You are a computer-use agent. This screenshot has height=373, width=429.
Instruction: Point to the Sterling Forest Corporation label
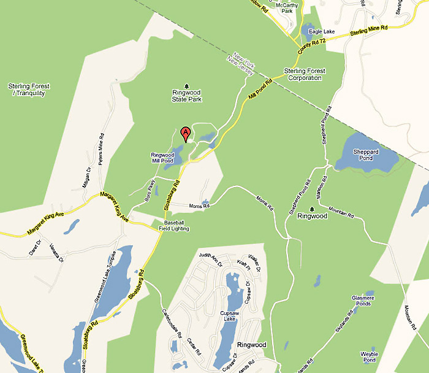305,74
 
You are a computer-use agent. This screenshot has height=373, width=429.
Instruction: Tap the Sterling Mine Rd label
370,31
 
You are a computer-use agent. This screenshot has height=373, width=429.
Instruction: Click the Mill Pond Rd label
260,91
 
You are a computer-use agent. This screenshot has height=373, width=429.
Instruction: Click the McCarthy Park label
287,7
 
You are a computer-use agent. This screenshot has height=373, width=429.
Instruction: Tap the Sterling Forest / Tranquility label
29,90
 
